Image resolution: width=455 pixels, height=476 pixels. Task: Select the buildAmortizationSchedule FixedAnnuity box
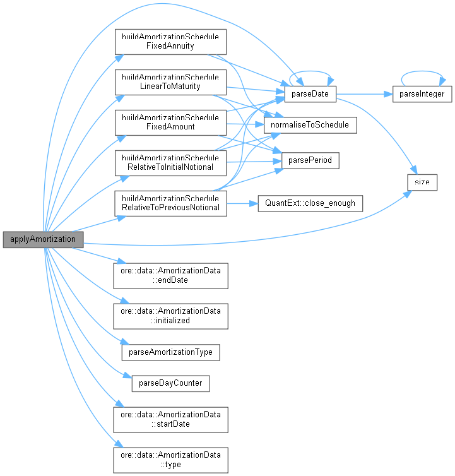170,41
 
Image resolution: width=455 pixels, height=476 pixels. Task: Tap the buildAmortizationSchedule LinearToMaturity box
170,81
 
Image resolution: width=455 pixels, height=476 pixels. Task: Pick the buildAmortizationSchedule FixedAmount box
170,122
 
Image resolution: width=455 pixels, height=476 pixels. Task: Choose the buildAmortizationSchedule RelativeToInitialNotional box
170,162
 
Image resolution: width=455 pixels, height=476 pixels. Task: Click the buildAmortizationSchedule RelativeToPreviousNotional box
170,203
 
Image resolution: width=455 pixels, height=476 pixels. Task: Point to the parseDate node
309,94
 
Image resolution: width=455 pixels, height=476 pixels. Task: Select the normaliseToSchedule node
309,126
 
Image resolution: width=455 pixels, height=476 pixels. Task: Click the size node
422,182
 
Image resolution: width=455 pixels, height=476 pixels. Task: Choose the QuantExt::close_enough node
310,203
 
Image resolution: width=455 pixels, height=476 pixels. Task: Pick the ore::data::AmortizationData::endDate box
170,275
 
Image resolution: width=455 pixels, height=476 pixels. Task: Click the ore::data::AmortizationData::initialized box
170,316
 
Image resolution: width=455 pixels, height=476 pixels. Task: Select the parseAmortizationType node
170,351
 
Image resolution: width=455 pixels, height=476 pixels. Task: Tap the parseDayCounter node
170,383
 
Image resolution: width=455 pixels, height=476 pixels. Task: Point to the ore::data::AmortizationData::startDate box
170,419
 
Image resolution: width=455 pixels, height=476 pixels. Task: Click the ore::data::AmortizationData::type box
170,460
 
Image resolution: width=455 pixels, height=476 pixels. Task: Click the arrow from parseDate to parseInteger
363,94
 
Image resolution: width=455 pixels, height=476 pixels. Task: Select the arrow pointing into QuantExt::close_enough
242,203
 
